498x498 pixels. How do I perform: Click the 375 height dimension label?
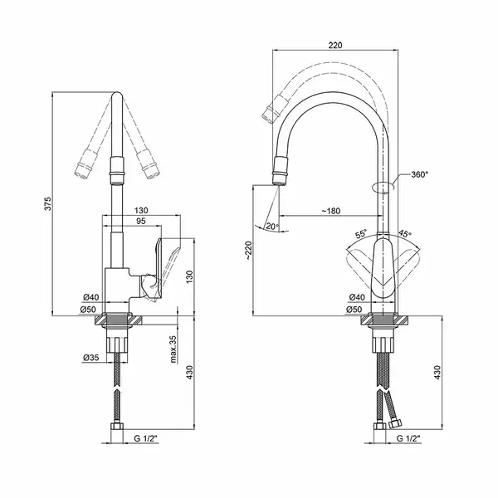point(47,203)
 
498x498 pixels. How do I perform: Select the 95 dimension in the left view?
point(140,221)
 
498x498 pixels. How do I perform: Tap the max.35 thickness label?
point(173,349)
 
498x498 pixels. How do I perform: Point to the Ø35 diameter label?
point(90,358)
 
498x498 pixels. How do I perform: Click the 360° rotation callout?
point(419,174)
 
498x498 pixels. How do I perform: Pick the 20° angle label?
point(272,226)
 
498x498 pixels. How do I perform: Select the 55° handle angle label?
point(361,234)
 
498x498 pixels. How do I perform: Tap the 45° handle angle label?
point(405,234)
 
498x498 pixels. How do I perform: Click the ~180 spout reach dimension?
point(331,211)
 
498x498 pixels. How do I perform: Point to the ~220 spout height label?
point(248,251)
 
